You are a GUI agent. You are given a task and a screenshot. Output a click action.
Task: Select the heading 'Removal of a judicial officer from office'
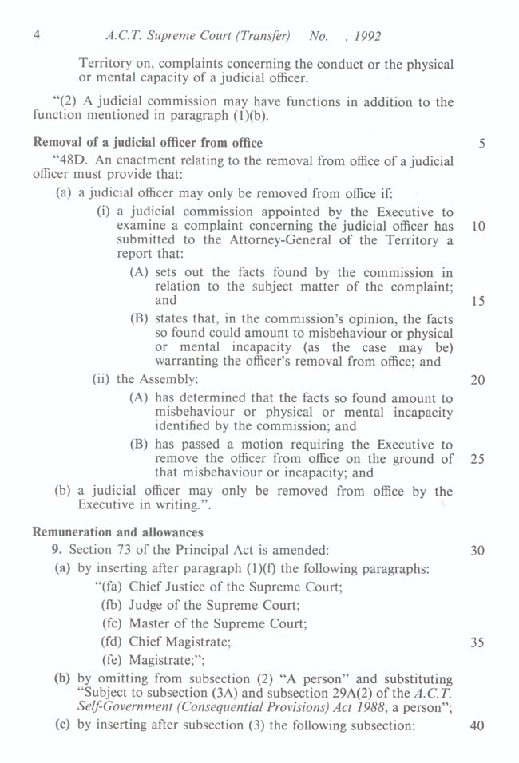click(x=146, y=144)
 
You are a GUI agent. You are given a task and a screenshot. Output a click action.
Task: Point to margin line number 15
click(x=478, y=302)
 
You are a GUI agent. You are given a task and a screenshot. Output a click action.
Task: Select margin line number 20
click(x=478, y=380)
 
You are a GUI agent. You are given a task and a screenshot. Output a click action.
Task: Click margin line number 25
click(x=478, y=459)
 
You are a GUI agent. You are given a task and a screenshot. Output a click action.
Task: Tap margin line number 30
click(x=478, y=550)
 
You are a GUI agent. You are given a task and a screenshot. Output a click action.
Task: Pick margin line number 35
click(x=478, y=642)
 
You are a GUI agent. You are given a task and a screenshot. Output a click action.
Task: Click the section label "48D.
click(x=69, y=161)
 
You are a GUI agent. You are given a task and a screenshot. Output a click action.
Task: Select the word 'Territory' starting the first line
click(x=106, y=64)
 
